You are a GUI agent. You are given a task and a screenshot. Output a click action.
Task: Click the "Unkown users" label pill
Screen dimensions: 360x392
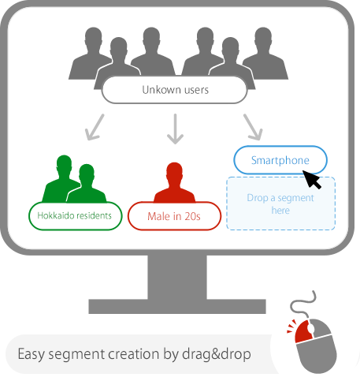pyautogui.click(x=175, y=90)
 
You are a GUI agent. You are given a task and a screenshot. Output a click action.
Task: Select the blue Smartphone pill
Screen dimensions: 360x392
pyautogui.click(x=280, y=160)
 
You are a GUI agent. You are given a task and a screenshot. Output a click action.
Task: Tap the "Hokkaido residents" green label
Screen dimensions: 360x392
pyautogui.click(x=75, y=215)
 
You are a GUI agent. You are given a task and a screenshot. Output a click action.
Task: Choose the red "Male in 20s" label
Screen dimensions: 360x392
pyautogui.click(x=174, y=216)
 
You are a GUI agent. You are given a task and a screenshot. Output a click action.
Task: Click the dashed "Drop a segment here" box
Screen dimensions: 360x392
pyautogui.click(x=280, y=203)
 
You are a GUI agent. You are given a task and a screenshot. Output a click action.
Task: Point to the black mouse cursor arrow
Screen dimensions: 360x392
pyautogui.click(x=311, y=179)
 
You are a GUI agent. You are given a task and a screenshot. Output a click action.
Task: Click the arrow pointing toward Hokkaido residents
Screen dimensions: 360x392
pyautogui.click(x=95, y=127)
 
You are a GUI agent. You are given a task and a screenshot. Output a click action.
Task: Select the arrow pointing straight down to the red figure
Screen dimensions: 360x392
pyautogui.click(x=175, y=129)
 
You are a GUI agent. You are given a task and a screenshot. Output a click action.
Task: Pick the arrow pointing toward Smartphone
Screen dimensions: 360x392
pyautogui.click(x=253, y=127)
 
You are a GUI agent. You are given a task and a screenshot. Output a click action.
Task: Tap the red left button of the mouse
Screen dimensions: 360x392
pyautogui.click(x=303, y=331)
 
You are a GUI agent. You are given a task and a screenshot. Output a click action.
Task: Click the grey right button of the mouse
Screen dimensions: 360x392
pyautogui.click(x=321, y=327)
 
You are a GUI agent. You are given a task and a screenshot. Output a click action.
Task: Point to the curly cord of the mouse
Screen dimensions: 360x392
pyautogui.click(x=304, y=304)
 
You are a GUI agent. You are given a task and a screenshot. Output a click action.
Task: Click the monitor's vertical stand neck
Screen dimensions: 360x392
pyautogui.click(x=177, y=277)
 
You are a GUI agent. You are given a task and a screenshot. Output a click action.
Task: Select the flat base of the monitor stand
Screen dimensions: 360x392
pyautogui.click(x=177, y=306)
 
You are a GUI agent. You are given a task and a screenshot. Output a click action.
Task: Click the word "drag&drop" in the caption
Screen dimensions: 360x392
pyautogui.click(x=217, y=354)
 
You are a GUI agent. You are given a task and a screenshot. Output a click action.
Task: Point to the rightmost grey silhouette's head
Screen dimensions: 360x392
pyautogui.click(x=263, y=38)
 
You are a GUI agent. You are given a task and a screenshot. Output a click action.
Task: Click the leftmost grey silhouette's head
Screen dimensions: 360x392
pyautogui.click(x=94, y=38)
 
